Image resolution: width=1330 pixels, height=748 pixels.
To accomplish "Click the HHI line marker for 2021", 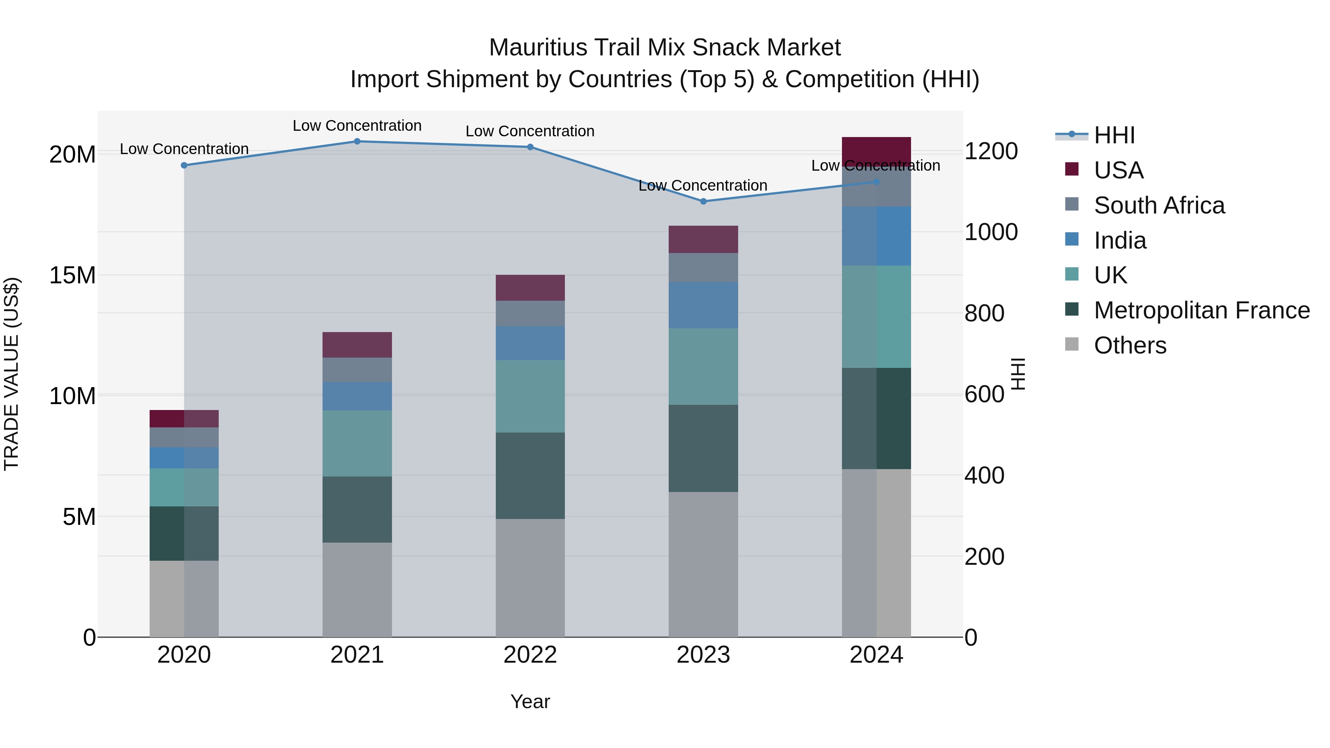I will [x=357, y=141].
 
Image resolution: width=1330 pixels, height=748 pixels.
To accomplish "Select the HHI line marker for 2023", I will [x=703, y=201].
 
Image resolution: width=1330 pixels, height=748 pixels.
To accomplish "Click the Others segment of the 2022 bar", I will [x=530, y=578].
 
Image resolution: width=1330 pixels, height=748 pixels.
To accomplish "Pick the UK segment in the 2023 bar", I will [x=703, y=366].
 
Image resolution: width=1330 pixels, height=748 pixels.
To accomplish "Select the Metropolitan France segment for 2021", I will [x=357, y=509].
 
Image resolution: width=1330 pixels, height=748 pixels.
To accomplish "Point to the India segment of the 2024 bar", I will [x=876, y=236].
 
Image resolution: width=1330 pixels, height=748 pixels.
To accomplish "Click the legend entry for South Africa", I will [x=1159, y=205].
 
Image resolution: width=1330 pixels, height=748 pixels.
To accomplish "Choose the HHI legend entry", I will [x=1114, y=135].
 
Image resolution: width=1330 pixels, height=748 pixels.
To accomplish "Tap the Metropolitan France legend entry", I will [x=1201, y=310].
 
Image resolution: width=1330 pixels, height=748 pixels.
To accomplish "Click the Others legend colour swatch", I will [x=1072, y=344].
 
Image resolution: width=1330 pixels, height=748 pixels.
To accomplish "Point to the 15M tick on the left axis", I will [x=72, y=275].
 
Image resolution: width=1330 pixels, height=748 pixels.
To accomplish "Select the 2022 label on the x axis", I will [x=530, y=655].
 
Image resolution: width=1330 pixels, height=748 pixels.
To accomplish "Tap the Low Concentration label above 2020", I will [x=184, y=148].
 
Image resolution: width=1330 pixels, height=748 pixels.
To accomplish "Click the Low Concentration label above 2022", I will [x=530, y=131].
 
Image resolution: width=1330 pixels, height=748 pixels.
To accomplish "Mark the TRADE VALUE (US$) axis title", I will [x=11, y=374].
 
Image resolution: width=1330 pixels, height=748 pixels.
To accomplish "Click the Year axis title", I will [x=530, y=701].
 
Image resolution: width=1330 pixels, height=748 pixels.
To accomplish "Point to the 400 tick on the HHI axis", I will [x=984, y=475].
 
